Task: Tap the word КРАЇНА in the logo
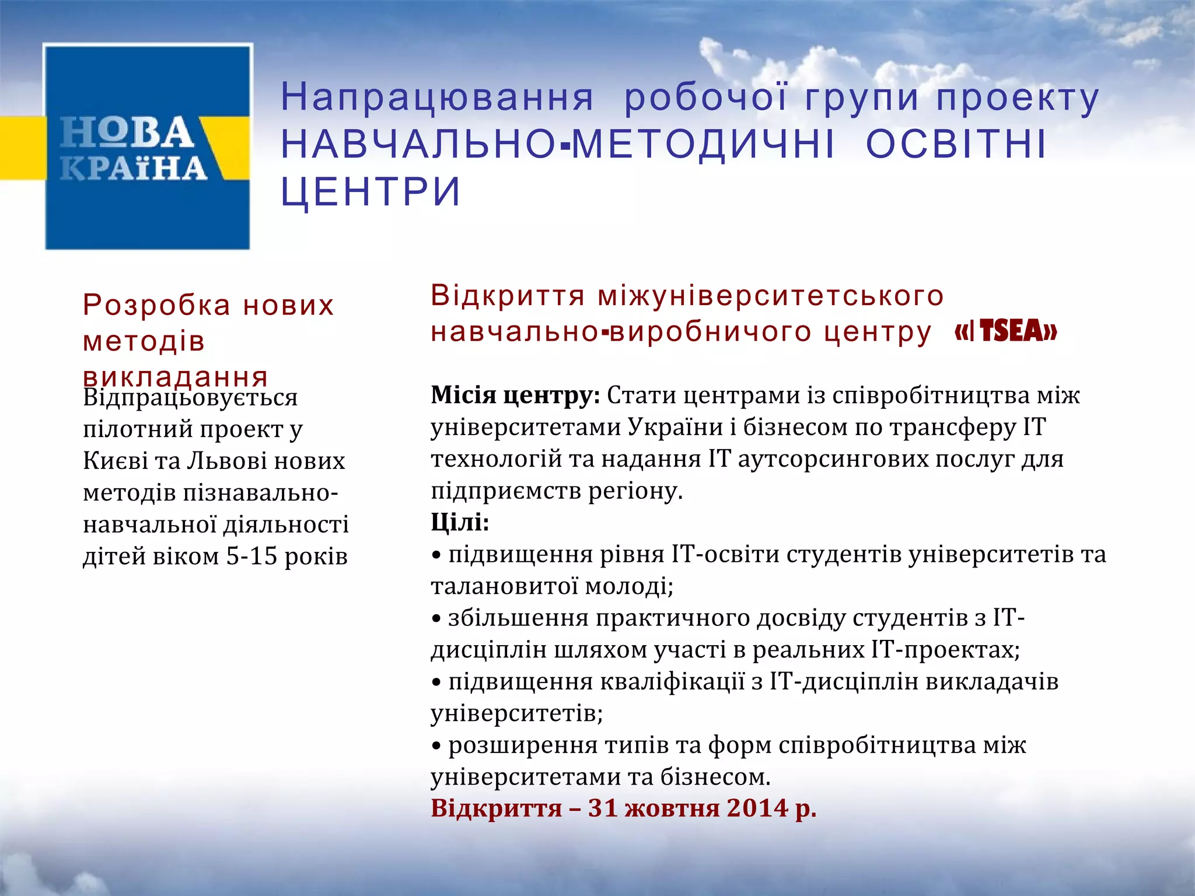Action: tap(134, 169)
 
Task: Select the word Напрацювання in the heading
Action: tap(438, 97)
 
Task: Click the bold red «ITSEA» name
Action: tap(1006, 332)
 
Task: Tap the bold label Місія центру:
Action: tap(515, 395)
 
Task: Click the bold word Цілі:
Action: tap(460, 522)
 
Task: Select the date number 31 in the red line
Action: tap(603, 808)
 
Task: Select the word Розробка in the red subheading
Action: tap(157, 305)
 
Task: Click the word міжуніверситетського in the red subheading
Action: tap(770, 296)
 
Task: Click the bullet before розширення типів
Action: tap(436, 746)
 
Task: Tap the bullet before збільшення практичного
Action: tap(436, 619)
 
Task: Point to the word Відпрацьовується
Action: tap(190, 397)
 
